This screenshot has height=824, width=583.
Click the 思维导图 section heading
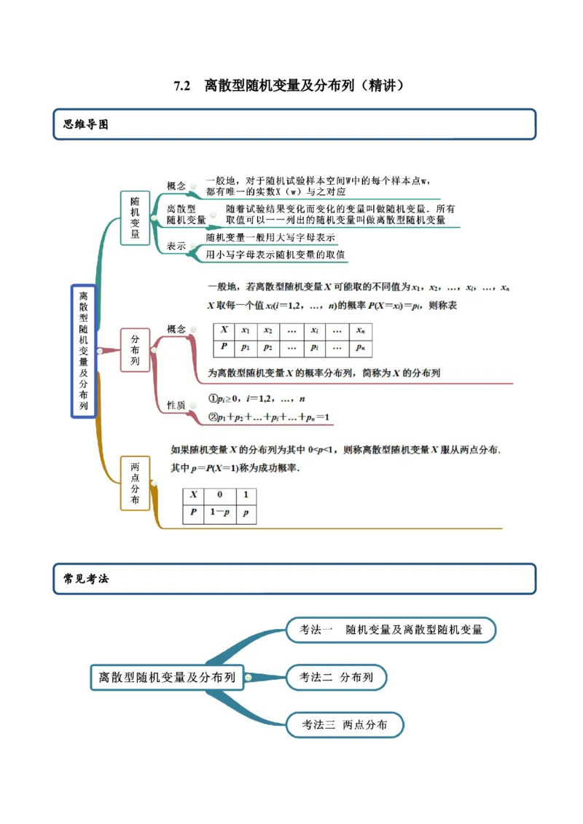[86, 124]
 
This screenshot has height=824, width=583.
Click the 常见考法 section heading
[86, 579]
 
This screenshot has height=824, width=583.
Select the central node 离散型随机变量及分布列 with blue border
[84, 351]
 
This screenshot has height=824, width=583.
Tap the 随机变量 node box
[135, 216]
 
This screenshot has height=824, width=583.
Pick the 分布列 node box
[135, 350]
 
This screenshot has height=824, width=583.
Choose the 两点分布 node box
[135, 483]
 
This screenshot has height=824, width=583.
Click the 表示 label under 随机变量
[176, 246]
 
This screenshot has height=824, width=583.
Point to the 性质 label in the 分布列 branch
[176, 405]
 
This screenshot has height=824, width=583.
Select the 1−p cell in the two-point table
[219, 513]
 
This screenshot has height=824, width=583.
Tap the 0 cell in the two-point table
[219, 495]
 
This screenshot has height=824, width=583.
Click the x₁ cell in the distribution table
[246, 330]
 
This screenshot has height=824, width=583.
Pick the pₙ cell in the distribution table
[360, 348]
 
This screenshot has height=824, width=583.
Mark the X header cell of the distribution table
[224, 330]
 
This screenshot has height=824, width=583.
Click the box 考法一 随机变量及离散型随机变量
[391, 630]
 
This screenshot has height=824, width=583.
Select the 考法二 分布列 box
[336, 678]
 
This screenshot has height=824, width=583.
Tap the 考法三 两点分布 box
[344, 725]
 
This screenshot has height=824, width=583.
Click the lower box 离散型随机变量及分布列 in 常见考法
[167, 677]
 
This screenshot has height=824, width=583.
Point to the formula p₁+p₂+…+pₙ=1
[270, 418]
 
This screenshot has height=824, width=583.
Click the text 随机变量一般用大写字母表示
[270, 237]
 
